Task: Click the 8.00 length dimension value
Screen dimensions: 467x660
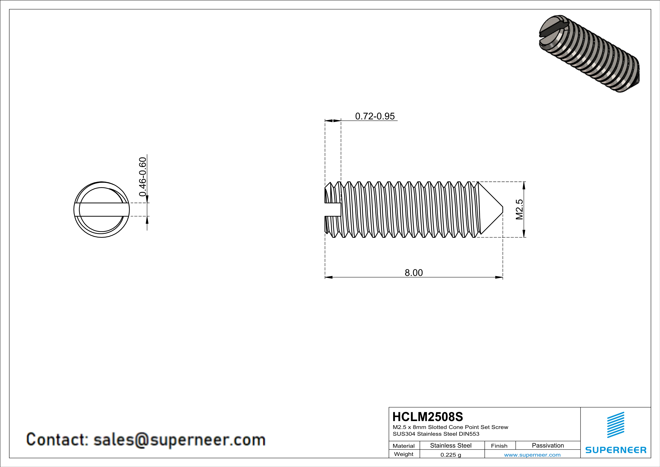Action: tap(414, 273)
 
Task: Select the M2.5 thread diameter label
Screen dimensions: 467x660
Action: tap(519, 209)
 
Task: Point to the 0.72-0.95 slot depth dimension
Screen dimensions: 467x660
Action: tap(375, 116)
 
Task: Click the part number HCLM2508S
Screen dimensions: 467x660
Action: tap(428, 417)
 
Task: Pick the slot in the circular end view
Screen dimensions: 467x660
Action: tap(102, 209)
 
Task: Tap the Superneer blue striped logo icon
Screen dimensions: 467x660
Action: tap(615, 425)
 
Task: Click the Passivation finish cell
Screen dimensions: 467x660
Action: tap(548, 445)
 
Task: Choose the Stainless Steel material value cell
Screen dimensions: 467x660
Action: tap(451, 445)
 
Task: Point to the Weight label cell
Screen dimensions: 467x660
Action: tap(404, 454)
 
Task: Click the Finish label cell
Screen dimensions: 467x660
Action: tap(499, 446)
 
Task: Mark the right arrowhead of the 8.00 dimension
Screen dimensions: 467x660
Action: tap(500, 277)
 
